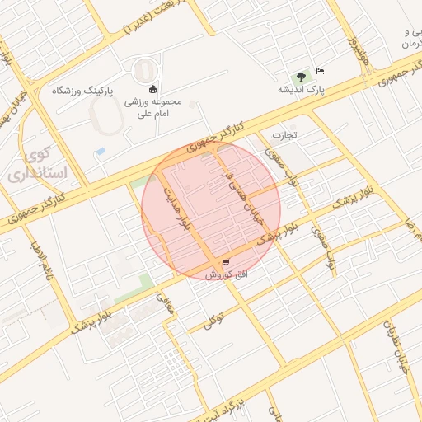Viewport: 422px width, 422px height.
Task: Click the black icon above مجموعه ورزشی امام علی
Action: point(152,89)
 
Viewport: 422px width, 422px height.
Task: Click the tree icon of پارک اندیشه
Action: point(302,76)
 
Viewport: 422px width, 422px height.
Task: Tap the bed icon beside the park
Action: point(320,73)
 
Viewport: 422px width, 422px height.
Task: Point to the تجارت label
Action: point(284,134)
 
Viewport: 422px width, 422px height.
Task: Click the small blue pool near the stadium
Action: point(101,152)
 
